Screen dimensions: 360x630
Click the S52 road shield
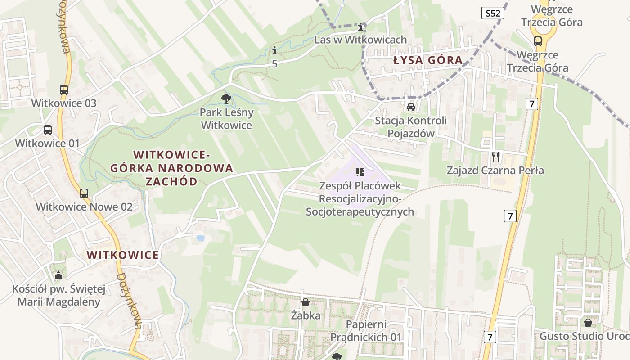point(493,13)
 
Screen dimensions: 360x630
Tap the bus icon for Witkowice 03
point(64,90)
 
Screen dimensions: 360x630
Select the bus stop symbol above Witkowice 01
point(48,130)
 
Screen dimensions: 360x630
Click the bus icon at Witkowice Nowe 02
point(84,193)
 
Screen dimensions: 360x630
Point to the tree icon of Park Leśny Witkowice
point(226,99)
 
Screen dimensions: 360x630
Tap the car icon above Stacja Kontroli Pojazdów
point(410,107)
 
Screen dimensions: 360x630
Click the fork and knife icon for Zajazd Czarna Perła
point(495,157)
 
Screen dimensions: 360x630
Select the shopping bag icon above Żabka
point(306,302)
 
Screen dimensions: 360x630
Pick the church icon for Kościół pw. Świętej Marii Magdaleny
point(58,275)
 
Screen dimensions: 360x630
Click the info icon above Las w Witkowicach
point(360,26)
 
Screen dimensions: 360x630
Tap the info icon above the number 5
point(274,51)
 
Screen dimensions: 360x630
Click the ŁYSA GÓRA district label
point(428,60)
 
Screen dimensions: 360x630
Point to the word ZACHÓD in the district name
point(171,182)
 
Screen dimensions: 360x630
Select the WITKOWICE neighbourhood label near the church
point(123,255)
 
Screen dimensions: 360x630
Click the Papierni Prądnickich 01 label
point(366,331)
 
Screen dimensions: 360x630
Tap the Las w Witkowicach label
point(360,40)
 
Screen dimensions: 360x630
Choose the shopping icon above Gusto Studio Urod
point(588,322)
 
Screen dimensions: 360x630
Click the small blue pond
point(200,238)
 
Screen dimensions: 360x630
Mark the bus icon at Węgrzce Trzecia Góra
point(537,41)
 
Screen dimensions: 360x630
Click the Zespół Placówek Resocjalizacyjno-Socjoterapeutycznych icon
point(360,172)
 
